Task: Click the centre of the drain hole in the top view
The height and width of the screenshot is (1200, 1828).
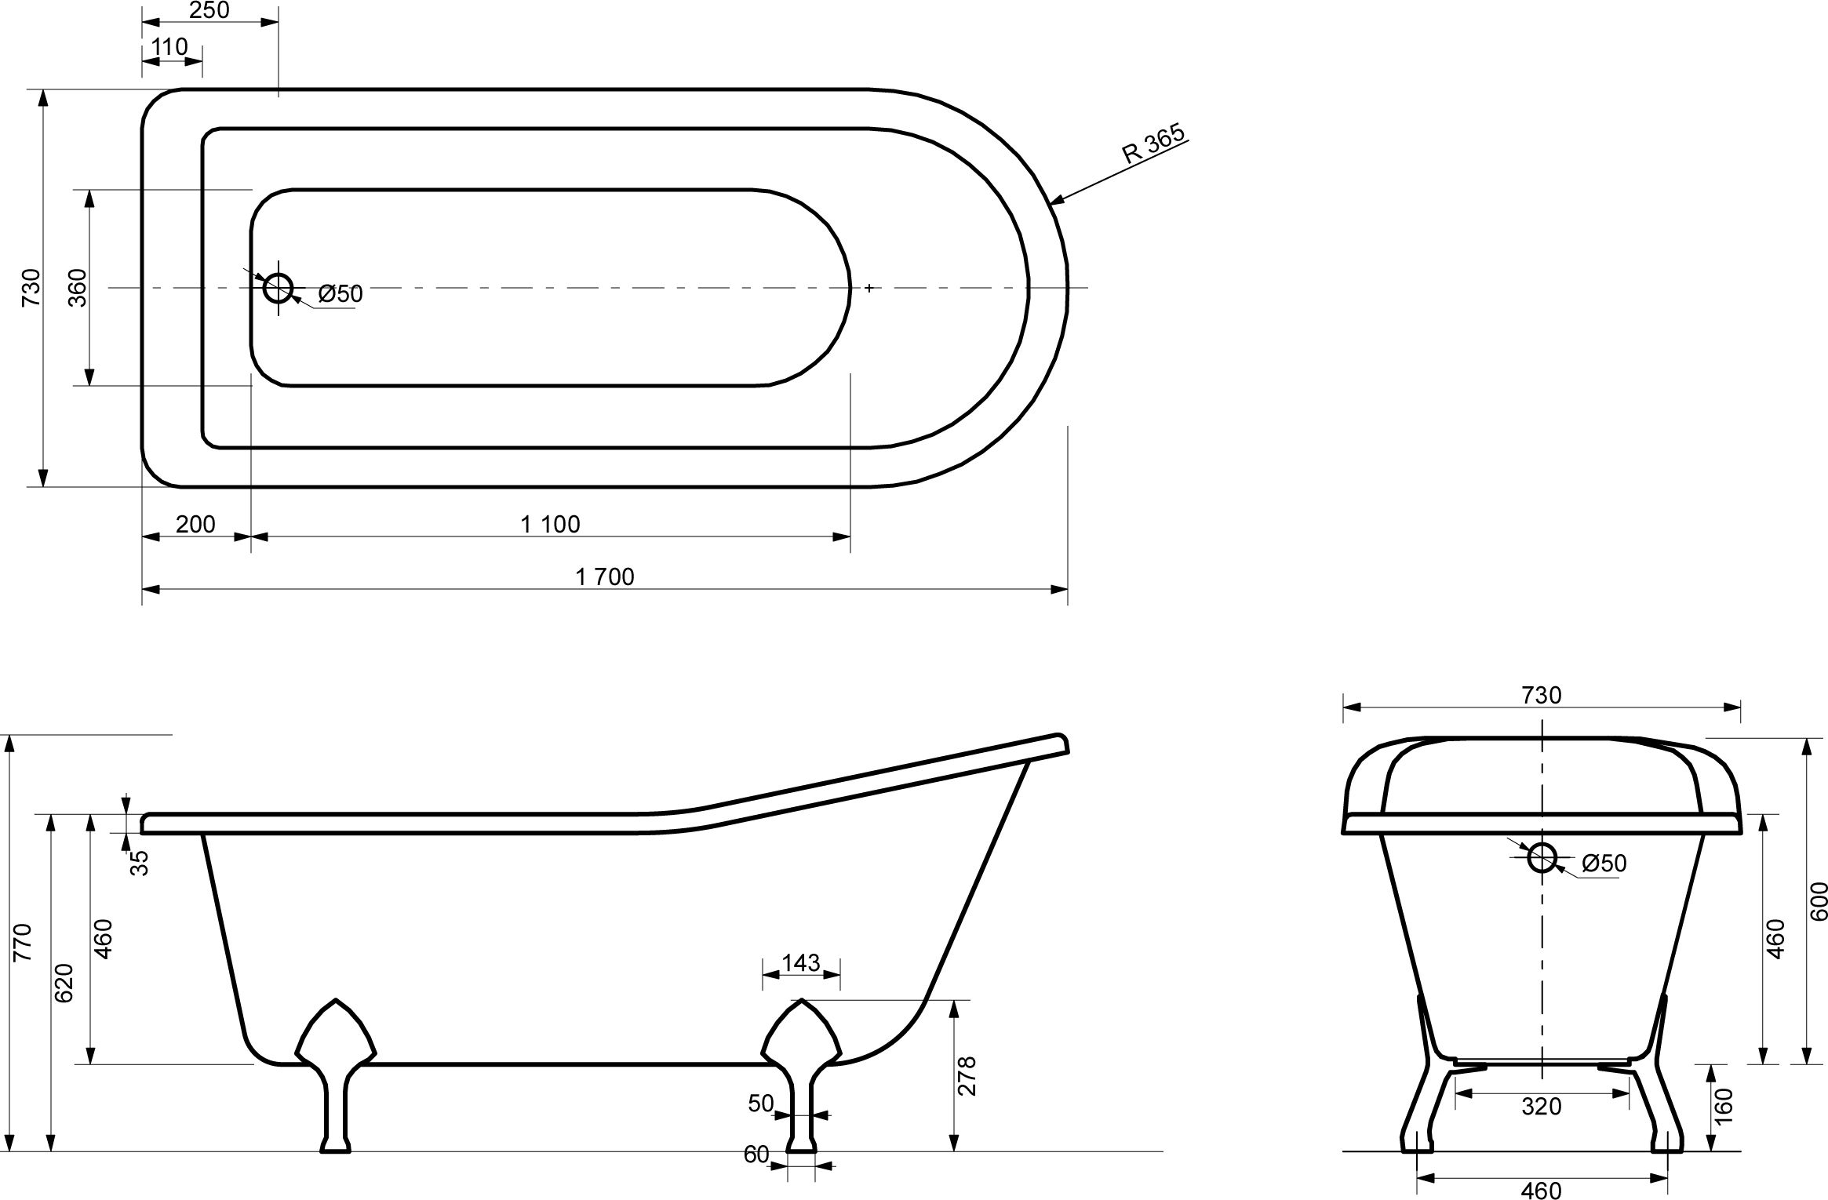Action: [278, 289]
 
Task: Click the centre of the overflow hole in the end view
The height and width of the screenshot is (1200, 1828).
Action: [1542, 857]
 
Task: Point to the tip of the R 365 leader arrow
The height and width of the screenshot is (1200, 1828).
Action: [1051, 204]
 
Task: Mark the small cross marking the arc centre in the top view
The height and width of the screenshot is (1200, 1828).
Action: [869, 289]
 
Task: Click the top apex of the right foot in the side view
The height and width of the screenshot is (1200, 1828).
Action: [801, 999]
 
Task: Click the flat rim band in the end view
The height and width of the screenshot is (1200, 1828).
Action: [1542, 824]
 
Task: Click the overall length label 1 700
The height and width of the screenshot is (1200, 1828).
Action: [604, 576]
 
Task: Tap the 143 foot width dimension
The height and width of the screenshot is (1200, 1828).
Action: [801, 962]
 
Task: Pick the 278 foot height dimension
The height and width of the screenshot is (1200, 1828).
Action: [967, 1075]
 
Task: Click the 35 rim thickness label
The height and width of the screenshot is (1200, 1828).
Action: [138, 864]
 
